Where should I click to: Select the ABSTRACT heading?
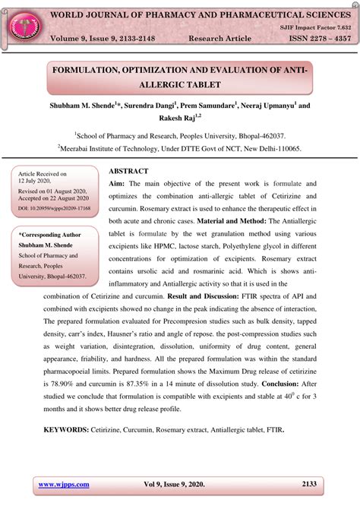pos(128,172)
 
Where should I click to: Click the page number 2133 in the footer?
pos(309,484)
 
